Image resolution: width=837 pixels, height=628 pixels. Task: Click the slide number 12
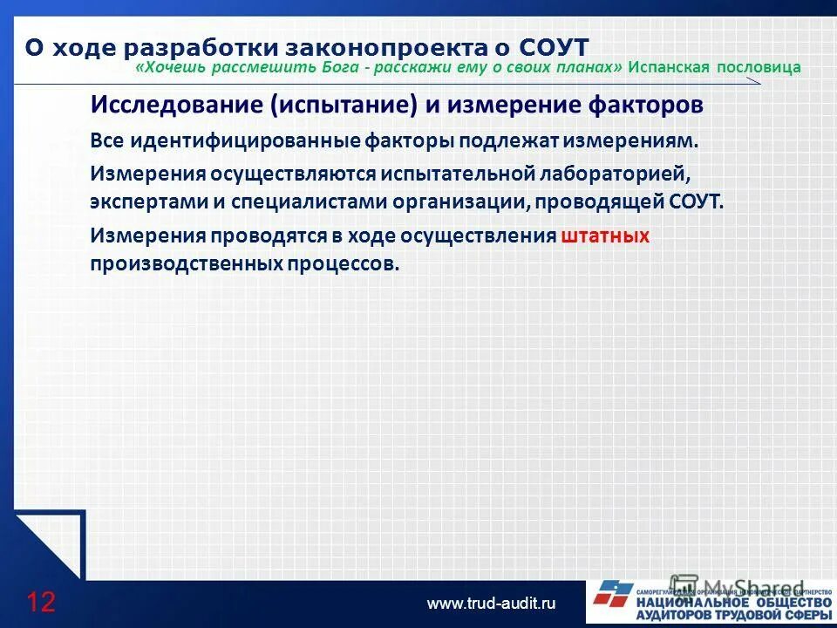pyautogui.click(x=40, y=602)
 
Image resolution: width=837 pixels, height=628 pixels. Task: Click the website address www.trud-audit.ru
pyautogui.click(x=491, y=603)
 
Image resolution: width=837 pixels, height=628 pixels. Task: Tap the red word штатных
pyautogui.click(x=606, y=235)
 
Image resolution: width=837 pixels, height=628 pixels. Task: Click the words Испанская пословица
pyautogui.click(x=714, y=67)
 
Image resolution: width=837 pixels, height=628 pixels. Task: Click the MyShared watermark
pyautogui.click(x=737, y=587)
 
